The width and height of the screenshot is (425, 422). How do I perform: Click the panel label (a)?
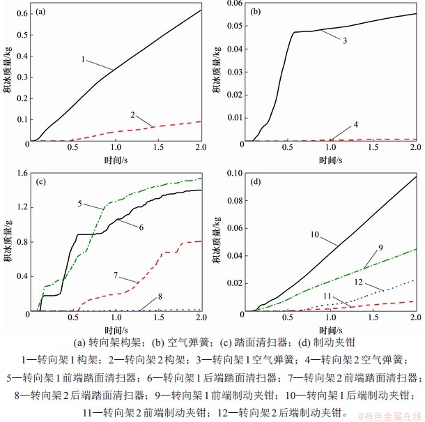(x=42, y=12)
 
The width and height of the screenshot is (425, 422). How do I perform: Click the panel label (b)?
(x=256, y=12)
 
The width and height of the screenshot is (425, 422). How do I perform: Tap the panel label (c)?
(x=42, y=183)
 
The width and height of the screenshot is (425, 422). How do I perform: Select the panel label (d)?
(x=256, y=183)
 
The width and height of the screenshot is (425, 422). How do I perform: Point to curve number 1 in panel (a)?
(x=83, y=61)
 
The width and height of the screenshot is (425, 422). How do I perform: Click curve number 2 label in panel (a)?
(x=132, y=113)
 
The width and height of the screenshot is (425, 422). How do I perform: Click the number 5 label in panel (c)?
(x=81, y=204)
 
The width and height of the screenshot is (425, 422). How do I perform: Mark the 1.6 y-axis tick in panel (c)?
(x=20, y=174)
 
